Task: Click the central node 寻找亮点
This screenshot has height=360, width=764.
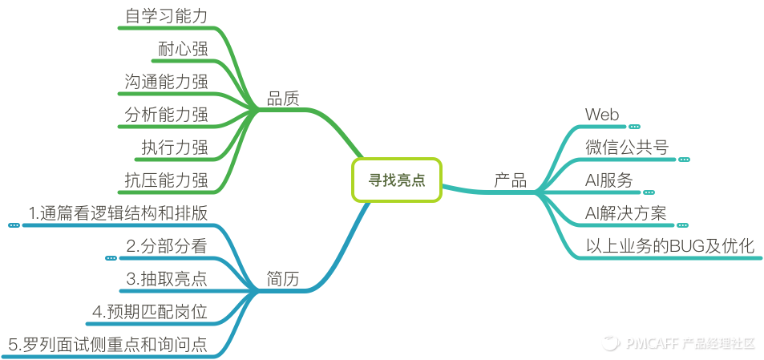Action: [396, 180]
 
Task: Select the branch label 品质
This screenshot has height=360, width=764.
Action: [282, 99]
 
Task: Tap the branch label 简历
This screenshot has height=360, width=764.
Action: [282, 279]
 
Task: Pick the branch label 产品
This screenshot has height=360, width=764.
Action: [510, 180]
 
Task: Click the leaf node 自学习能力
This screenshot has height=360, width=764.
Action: [167, 16]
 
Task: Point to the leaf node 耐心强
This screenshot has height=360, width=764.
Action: [183, 49]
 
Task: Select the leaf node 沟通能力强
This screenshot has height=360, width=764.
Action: [167, 82]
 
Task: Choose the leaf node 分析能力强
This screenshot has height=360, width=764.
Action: [167, 115]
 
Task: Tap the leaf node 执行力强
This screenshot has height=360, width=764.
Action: [175, 148]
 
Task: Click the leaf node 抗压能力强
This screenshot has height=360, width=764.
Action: [167, 180]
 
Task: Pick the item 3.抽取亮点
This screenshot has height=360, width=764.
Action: [167, 279]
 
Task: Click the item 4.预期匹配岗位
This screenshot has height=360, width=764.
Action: [151, 312]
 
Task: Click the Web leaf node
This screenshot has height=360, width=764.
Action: [602, 115]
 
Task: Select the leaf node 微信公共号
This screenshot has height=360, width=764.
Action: [626, 148]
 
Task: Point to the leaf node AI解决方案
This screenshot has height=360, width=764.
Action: [625, 213]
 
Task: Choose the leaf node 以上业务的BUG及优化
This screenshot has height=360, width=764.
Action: [670, 246]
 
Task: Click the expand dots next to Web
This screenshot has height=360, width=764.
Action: [634, 127]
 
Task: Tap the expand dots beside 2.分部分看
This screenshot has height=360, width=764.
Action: [111, 258]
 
